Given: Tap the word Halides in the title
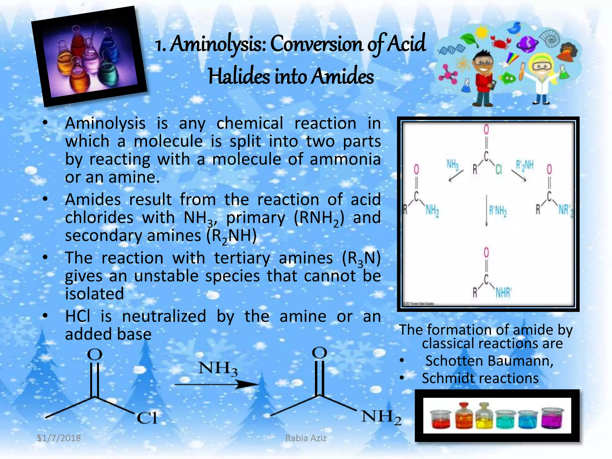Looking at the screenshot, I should point(239,76).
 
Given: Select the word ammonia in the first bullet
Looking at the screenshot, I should point(345,159).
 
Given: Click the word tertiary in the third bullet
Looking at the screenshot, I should point(242,258).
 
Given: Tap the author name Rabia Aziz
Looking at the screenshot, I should point(306,438).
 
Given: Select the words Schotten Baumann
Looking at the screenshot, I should point(489,361).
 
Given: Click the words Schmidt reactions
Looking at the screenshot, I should point(480,378).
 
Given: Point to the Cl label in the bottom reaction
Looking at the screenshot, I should point(147,418).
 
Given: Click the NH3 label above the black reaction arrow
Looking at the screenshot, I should point(218,368).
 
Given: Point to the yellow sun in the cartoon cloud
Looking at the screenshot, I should point(482,31).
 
